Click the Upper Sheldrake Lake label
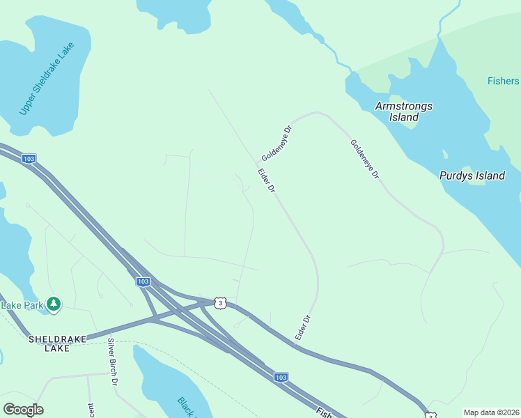46,79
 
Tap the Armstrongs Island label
404,111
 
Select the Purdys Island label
472,176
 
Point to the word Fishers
503,82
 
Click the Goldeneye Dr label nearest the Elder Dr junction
276,143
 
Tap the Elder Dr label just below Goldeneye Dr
267,180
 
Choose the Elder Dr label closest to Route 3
302,328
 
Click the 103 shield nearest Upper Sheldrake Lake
28,158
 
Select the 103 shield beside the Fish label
281,377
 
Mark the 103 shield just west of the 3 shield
143,281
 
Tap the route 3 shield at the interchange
220,302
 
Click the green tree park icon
54,304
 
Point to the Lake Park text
22,304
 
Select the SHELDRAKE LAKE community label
58,343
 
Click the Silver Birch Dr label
113,362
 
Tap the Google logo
23,410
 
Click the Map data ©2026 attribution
490,412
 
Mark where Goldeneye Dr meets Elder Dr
257,162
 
